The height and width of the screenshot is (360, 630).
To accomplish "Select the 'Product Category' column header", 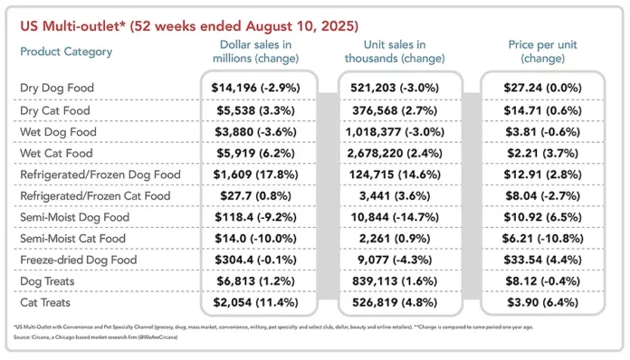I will (66, 52).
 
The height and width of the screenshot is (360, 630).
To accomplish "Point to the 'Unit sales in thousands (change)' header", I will (396, 52).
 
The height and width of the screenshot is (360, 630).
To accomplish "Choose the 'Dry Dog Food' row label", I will (57, 89).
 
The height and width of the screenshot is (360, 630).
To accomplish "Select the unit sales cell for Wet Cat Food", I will (397, 153).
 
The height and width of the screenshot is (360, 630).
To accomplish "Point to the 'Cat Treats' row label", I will (45, 303).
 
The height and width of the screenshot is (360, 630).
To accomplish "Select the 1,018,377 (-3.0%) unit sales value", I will (397, 131).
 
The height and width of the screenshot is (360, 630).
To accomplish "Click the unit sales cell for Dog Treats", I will (397, 281).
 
